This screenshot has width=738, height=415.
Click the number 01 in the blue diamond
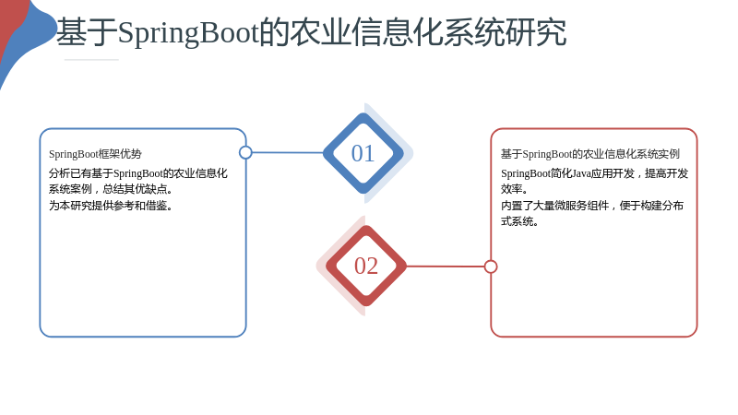(x=363, y=153)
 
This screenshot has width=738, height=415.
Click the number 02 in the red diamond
(x=366, y=266)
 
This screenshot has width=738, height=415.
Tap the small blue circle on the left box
(x=245, y=152)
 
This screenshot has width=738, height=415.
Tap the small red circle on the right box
(x=491, y=267)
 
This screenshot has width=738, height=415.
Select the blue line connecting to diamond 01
(x=288, y=152)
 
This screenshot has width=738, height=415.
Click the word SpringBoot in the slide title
(x=188, y=33)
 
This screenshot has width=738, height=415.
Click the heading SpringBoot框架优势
(x=95, y=154)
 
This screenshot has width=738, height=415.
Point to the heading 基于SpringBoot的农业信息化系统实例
(x=590, y=154)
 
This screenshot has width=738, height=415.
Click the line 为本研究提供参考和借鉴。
(x=111, y=206)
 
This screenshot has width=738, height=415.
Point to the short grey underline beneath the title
(x=91, y=60)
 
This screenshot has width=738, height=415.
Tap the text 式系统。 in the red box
(x=519, y=221)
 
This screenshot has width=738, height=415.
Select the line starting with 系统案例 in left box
(x=111, y=189)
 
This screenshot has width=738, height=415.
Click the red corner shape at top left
(x=10, y=24)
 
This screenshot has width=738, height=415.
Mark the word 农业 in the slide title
(x=320, y=32)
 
